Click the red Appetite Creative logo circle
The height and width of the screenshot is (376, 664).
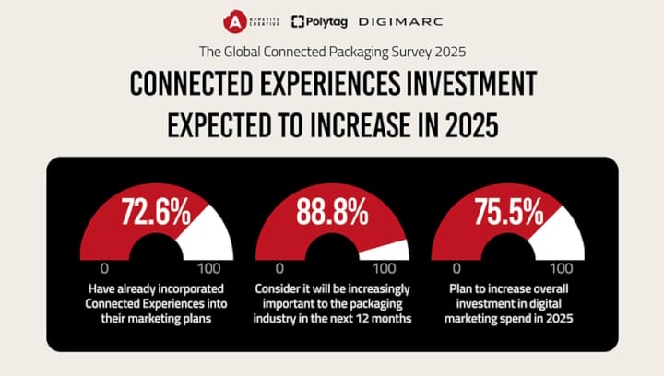234,21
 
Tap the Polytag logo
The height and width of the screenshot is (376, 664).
319,21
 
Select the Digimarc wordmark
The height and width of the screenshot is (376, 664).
400,21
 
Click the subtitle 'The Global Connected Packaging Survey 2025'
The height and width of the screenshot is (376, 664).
332,52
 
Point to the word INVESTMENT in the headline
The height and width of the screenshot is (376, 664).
471,83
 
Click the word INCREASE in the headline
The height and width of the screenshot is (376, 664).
367,125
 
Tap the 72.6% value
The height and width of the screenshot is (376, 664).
156,212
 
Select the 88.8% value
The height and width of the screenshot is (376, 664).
332,212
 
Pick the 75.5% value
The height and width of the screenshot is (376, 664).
508,212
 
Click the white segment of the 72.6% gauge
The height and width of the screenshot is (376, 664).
207,237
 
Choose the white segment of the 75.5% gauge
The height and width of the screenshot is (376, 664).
559,237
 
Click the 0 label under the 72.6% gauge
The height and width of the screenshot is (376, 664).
104,268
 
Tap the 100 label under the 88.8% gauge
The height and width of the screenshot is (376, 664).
384,268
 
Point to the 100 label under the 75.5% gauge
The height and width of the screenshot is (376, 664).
561,268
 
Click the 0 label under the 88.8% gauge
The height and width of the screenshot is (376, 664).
279,268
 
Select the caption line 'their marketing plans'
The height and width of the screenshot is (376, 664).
156,318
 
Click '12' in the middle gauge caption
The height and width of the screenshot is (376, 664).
362,318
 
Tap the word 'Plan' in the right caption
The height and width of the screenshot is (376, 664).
460,288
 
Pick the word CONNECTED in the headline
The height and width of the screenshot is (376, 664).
192,83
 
